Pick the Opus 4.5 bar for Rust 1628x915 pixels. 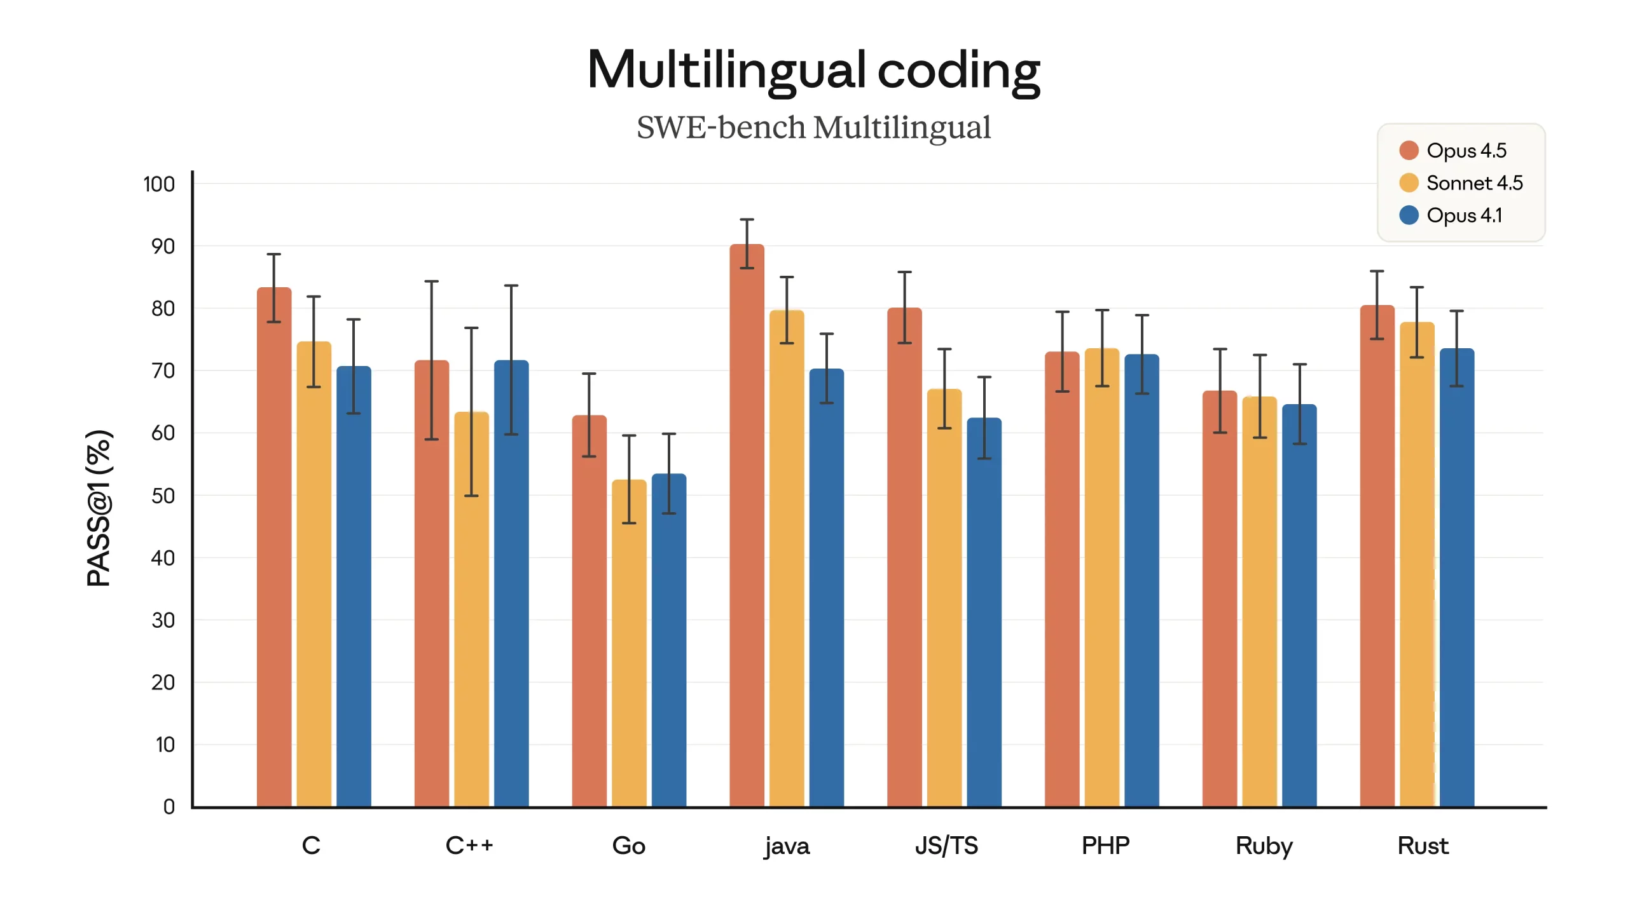(x=1377, y=572)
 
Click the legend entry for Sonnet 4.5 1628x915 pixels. (x=1474, y=183)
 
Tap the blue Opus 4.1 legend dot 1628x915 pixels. (x=1409, y=215)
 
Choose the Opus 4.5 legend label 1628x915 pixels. (x=1466, y=151)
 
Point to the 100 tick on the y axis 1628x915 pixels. (x=159, y=184)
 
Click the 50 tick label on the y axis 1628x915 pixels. (x=163, y=496)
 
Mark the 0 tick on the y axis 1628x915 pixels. (x=169, y=806)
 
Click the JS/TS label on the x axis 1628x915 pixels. (x=946, y=846)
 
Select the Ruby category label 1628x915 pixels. (x=1264, y=846)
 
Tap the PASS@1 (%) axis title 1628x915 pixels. (x=99, y=508)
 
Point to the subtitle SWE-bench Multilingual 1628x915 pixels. (x=813, y=127)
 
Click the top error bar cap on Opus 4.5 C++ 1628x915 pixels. (x=431, y=281)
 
